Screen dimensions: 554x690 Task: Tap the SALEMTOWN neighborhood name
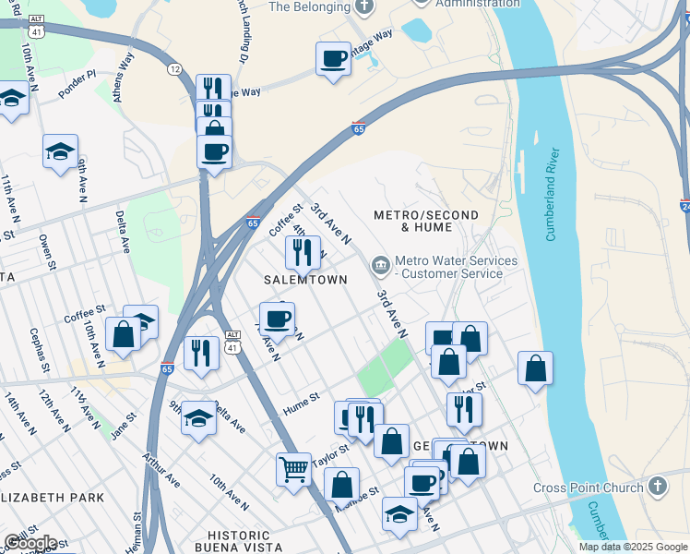click(305, 280)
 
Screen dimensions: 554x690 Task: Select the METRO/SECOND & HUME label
click(426, 222)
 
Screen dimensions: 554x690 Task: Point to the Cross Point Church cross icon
click(656, 487)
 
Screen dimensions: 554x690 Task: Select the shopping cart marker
click(293, 469)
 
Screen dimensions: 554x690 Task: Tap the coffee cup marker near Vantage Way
click(333, 59)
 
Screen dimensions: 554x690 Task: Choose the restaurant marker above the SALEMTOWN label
click(303, 251)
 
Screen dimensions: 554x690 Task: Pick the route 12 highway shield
click(174, 70)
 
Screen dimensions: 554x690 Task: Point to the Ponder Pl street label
click(77, 74)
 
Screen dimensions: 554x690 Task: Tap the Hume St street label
click(301, 398)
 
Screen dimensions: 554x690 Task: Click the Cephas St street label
click(39, 348)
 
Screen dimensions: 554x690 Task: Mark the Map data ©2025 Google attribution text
click(632, 547)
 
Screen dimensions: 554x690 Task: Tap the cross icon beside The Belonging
click(364, 6)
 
